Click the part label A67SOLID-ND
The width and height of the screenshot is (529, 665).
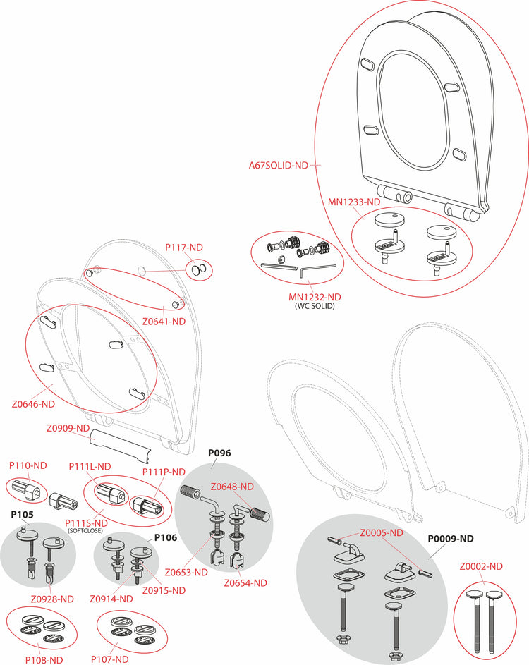tap(279, 166)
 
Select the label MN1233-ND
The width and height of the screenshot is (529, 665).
tap(356, 201)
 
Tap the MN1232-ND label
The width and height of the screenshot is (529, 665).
tap(315, 297)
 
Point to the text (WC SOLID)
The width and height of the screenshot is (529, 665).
tap(315, 306)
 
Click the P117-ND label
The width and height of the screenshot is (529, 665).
tap(184, 248)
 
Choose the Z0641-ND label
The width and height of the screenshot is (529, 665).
tap(164, 322)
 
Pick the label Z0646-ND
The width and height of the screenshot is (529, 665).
tap(33, 404)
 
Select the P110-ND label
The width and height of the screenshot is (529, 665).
tap(28, 465)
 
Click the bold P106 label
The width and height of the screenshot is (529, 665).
tap(166, 537)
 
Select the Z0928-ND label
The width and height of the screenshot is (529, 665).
tap(52, 599)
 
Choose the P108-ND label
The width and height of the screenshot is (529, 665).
tap(45, 659)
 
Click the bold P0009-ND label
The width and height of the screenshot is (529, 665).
tap(451, 538)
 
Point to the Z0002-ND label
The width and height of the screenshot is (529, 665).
tap(481, 566)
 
